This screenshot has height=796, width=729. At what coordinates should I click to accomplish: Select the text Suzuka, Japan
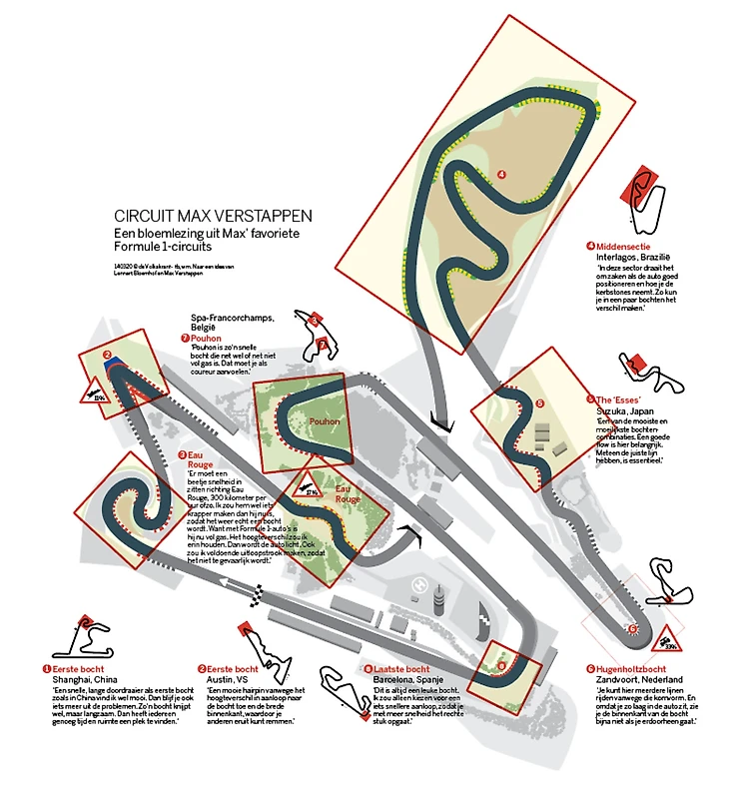coord(627,410)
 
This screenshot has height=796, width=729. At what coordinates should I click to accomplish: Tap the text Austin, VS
coord(231,679)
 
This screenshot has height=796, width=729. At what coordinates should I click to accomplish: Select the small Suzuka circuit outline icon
coord(664,378)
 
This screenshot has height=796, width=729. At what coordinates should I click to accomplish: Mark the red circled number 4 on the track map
coord(501,174)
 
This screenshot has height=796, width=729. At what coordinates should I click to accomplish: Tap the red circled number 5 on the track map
coord(539,403)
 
